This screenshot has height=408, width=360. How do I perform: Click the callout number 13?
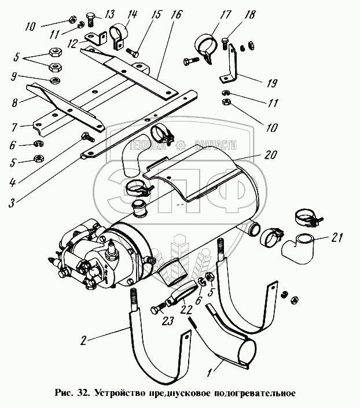tap(110, 14)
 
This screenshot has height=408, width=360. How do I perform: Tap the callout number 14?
tap(132, 14)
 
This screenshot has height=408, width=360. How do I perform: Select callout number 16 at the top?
tap(176, 15)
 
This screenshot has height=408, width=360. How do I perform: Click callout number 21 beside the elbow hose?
tap(337, 238)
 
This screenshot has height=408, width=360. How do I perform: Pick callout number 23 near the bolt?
tap(167, 321)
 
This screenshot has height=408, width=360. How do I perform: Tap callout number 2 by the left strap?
tap(83, 340)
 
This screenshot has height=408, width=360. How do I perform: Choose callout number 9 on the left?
tap(14, 78)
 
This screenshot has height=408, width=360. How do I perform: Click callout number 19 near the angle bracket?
tap(271, 83)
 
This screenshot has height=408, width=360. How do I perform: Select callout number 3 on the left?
tap(11, 203)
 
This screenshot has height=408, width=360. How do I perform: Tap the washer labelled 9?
tap(55, 80)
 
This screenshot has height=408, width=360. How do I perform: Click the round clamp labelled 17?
tap(205, 48)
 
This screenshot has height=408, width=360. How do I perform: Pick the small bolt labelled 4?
tap(88, 137)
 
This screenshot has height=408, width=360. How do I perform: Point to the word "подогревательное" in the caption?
tap(255, 392)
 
